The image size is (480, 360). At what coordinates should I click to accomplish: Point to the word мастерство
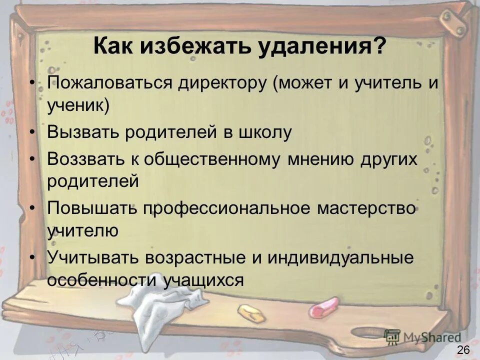click(366, 208)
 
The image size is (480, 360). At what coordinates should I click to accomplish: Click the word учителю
click(82, 230)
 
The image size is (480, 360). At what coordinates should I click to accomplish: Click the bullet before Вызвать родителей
click(32, 133)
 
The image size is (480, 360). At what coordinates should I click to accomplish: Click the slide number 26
click(463, 349)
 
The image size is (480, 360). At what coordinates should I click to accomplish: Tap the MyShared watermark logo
click(422, 336)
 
